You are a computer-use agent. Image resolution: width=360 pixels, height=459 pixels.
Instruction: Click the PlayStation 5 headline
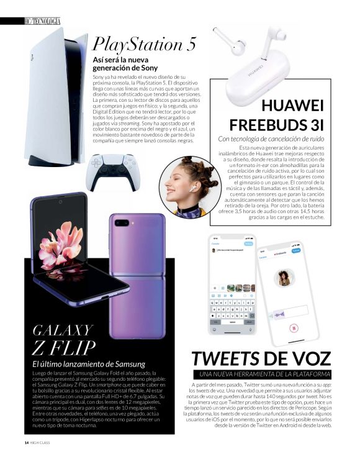pos(145,44)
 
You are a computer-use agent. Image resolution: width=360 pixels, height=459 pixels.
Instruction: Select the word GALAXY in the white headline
pos(63,329)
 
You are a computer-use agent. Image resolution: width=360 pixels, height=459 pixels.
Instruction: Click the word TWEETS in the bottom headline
pos(228,359)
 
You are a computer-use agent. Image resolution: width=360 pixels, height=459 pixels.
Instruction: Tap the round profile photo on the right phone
pos(284,277)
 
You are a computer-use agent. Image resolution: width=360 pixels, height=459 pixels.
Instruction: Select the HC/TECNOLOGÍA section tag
pos(43,22)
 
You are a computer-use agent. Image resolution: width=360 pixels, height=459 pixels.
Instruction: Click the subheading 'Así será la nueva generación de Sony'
pos(125,64)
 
